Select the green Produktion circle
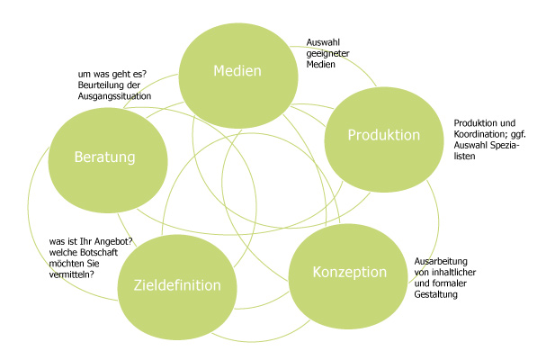pyautogui.click(x=383, y=135)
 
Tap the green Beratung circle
pyautogui.click(x=105, y=157)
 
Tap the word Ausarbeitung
pyautogui.click(x=440, y=261)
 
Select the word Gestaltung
pyautogui.click(x=436, y=294)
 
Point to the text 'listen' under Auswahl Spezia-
pyautogui.click(x=466, y=156)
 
